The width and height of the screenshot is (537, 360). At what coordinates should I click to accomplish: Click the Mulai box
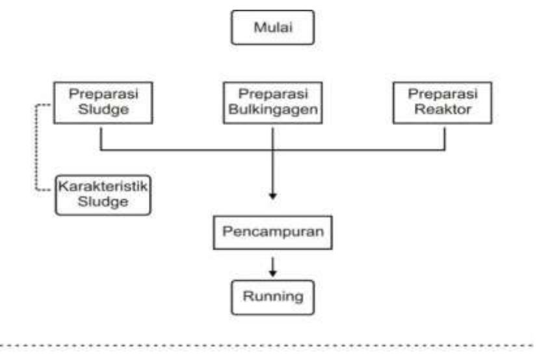coord(273,27)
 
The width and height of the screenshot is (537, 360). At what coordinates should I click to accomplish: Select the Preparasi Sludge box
coord(103,103)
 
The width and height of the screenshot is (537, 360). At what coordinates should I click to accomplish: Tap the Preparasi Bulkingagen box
coord(273,103)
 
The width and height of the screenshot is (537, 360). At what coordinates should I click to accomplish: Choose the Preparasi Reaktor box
coord(443,103)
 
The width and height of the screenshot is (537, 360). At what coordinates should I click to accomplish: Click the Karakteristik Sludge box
coord(103,195)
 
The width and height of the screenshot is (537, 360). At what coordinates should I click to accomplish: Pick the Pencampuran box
coord(273,233)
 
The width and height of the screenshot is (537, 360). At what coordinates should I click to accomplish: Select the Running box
coord(273,298)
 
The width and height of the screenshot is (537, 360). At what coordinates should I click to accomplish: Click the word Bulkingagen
coord(273,110)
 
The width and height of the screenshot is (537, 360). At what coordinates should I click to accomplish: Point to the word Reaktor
coord(443,109)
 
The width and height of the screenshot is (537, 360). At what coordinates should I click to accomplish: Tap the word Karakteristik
coord(103,186)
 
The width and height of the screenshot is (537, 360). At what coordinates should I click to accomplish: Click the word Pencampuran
coord(273,232)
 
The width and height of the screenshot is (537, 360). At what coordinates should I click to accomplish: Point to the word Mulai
coord(273,27)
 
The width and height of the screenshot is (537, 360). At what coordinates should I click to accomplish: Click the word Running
coord(273,296)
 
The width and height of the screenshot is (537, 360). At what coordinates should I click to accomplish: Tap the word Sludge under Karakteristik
coord(103,201)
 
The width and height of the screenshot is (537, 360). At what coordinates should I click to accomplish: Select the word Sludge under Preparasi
coord(103,109)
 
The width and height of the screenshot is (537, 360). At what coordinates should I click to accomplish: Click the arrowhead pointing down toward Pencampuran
coord(272,196)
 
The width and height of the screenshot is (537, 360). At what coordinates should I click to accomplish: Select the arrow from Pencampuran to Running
coord(272,267)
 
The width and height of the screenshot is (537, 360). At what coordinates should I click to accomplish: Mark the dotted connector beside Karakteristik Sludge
coord(36,147)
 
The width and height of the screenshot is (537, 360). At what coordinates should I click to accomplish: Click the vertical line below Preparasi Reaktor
coord(445,138)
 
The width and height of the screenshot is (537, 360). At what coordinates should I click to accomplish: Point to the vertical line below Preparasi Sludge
coord(101,138)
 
